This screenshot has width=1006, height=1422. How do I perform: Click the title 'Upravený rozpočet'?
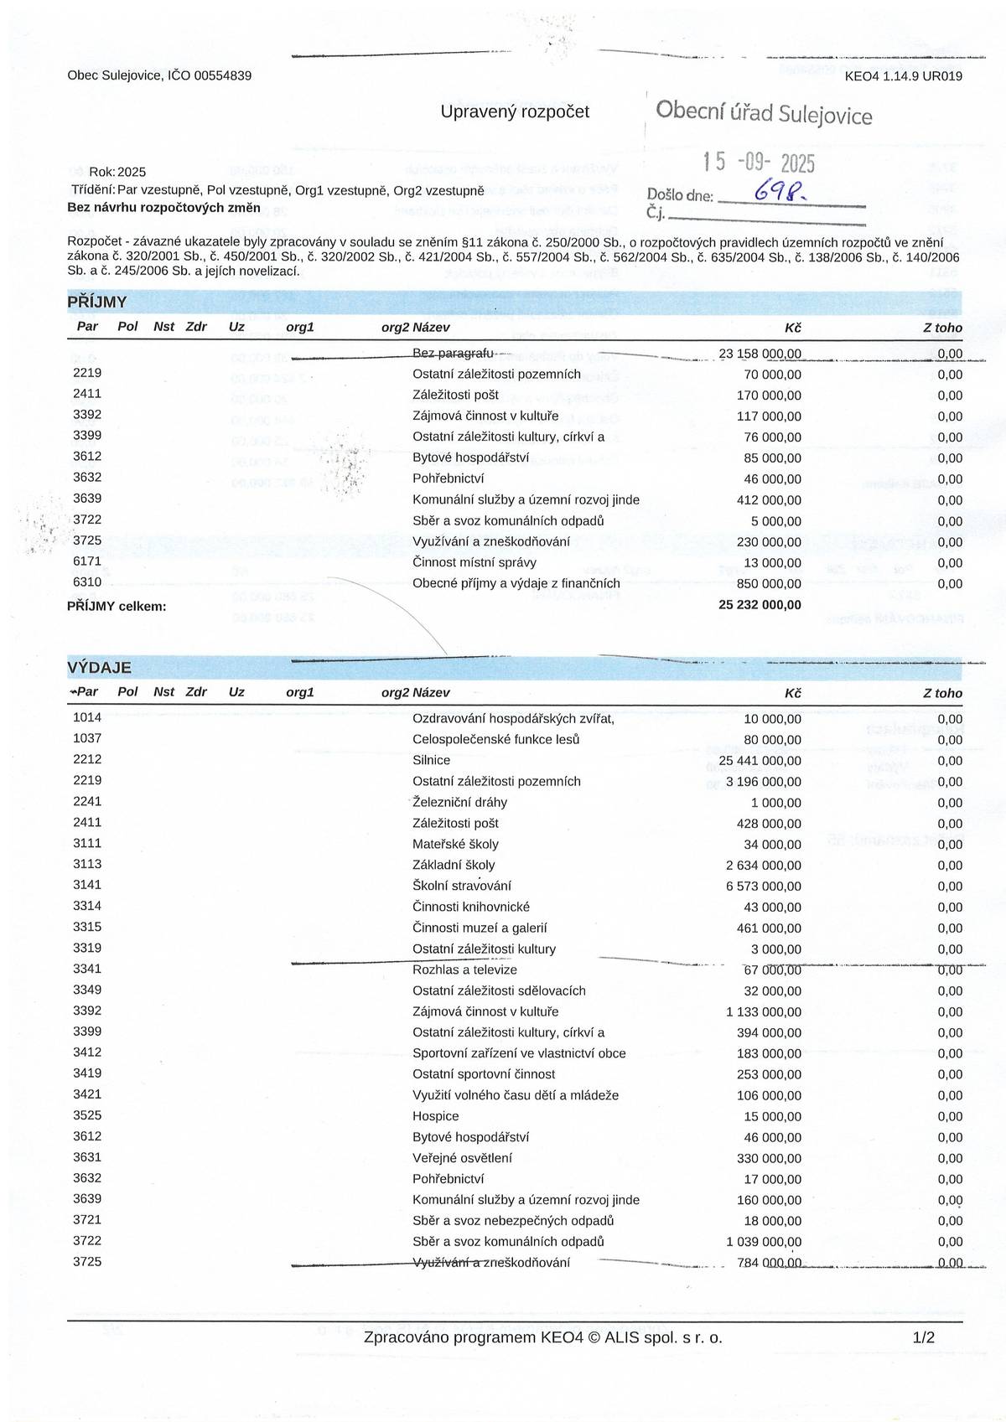[515, 111]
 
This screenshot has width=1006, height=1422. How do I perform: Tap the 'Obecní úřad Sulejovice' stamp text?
[763, 112]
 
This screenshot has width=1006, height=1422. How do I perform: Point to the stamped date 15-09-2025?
[758, 162]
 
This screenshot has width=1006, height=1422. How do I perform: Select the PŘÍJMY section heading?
[97, 302]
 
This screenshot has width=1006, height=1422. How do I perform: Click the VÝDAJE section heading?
[99, 668]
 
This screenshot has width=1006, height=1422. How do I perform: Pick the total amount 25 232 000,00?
[760, 605]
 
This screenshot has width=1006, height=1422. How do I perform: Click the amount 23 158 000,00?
[760, 354]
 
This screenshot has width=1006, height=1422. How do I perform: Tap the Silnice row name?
[431, 760]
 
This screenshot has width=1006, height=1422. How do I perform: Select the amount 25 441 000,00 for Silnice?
[760, 760]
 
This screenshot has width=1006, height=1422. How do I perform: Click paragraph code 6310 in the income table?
[87, 582]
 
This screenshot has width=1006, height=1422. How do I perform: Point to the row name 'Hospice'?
[435, 1116]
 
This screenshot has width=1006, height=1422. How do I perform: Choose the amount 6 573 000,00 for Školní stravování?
[763, 886]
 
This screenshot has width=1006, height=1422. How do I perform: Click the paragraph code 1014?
[87, 717]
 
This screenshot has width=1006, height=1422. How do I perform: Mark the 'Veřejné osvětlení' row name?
[462, 1158]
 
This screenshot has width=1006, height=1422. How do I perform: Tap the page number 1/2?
[923, 1338]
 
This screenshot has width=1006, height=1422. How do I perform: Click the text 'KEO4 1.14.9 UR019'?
[903, 76]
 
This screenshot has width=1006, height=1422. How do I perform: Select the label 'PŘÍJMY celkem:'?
[117, 606]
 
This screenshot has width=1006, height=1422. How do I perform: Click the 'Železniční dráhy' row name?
[459, 802]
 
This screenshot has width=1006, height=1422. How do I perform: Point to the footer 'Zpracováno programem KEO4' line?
[542, 1338]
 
